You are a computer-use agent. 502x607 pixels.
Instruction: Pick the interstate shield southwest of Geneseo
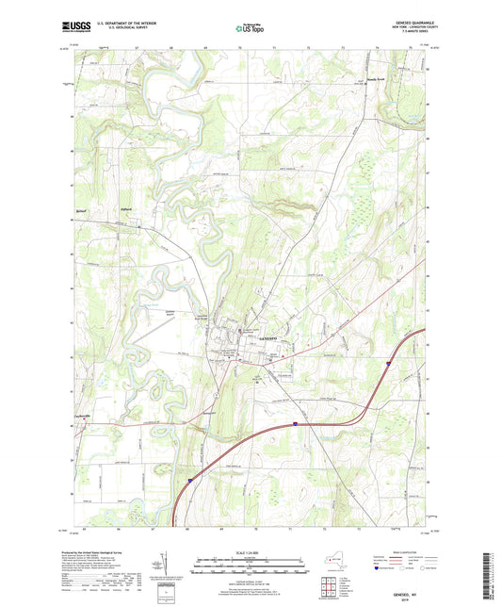click(296, 424)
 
